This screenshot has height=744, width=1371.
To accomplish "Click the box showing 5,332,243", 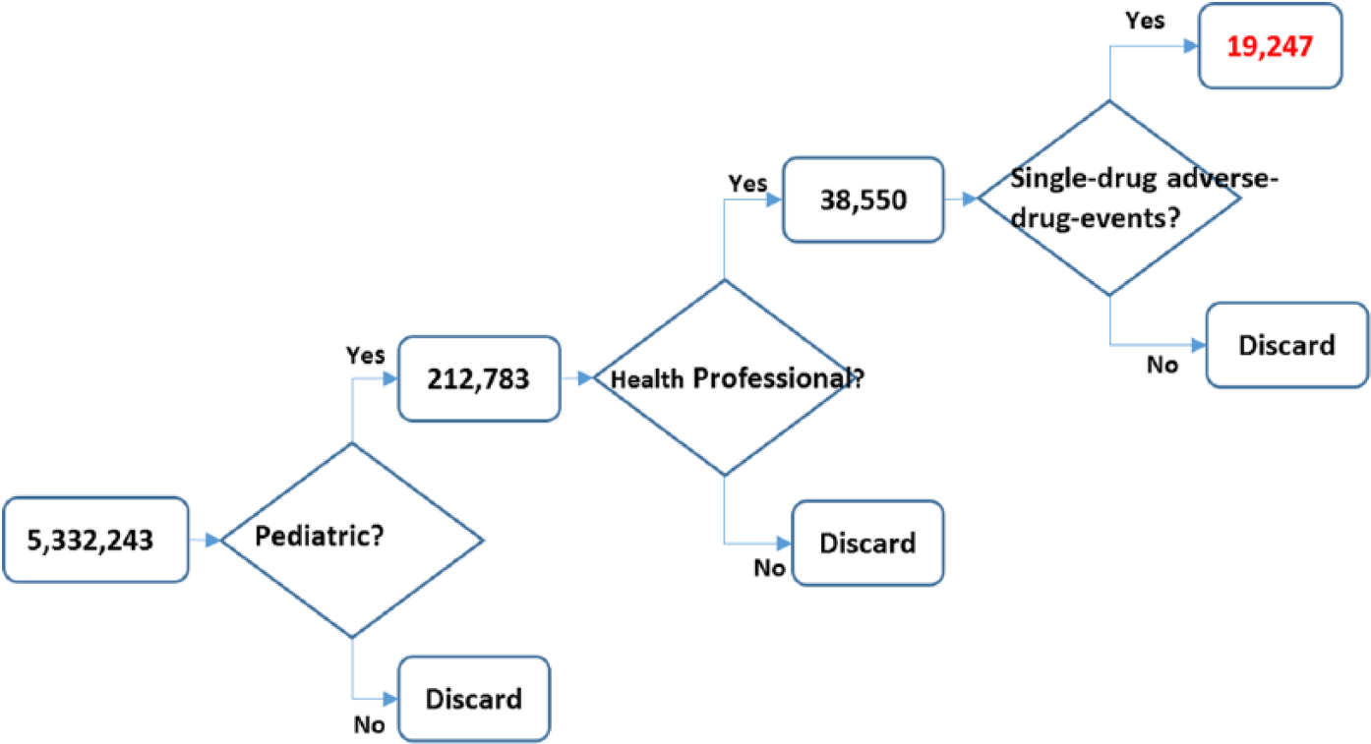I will tap(95, 539).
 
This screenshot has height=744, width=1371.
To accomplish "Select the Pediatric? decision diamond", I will tap(351, 539).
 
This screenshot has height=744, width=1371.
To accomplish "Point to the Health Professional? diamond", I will tap(724, 377).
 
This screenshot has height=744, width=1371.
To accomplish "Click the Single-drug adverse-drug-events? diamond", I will tap(1109, 197).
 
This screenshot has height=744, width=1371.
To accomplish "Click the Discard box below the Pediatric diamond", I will tap(473, 699).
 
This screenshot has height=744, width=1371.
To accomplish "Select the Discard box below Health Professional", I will tap(866, 542).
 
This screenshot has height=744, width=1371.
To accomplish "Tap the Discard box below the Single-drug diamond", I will tap(1286, 345).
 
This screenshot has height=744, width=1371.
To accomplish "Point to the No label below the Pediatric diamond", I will tap(369, 725).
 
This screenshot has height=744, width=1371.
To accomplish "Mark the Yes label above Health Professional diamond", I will tap(746, 183).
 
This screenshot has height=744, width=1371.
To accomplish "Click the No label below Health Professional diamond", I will tap(769, 568).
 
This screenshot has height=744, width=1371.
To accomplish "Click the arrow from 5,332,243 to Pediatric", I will tap(205, 540).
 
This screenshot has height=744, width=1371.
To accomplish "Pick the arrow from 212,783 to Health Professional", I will tap(576, 376).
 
